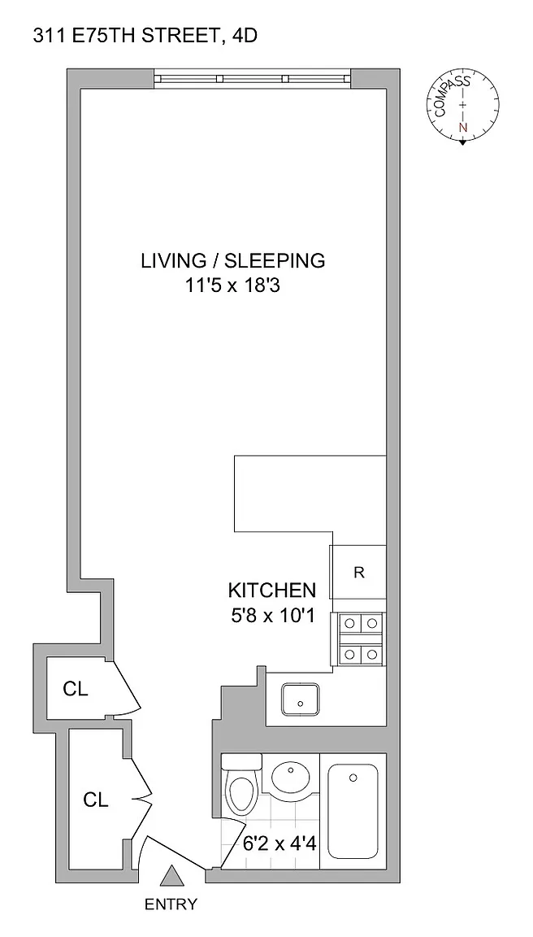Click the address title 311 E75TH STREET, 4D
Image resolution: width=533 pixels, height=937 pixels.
145,37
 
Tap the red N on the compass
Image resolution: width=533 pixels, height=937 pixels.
462,127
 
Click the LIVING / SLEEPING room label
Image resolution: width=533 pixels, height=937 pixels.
232,261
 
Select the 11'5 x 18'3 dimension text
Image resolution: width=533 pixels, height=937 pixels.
232,287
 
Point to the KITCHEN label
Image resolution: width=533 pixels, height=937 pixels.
272,591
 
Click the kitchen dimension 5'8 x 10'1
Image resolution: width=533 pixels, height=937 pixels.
272,616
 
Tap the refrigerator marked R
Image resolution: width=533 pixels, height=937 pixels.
358,572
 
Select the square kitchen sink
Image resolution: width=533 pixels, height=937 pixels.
301,699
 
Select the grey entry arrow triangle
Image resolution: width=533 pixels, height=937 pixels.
173,876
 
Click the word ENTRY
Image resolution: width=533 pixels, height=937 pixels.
171,904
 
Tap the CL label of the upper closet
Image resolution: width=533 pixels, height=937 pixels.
76,689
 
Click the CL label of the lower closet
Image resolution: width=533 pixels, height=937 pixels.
96,800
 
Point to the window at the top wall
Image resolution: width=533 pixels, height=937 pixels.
253,78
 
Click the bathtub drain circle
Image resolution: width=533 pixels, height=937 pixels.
353,778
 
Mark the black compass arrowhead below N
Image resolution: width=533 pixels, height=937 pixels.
462,142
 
